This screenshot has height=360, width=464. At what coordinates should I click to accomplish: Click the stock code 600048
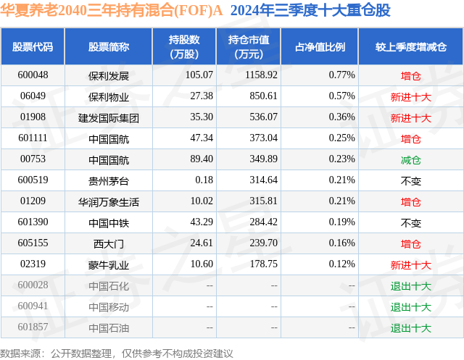pos(33,75)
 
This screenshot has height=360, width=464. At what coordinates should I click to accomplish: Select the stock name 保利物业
pos(108,96)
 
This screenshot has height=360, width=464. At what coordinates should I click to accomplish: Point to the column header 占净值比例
pos(320,47)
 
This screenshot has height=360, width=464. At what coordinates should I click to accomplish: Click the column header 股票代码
pos(33,47)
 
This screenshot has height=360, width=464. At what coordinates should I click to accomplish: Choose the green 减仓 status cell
pos(410,159)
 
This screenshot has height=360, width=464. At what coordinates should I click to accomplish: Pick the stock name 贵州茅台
pos(108,180)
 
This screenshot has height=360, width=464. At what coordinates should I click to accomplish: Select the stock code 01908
pos(33,117)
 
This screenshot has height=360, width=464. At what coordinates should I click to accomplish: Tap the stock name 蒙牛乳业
pos(108,265)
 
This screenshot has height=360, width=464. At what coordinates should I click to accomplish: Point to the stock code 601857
pos(33,328)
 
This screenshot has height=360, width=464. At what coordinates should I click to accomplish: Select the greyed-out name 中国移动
pos(108,307)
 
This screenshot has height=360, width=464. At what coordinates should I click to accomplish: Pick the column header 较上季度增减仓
pos(410,47)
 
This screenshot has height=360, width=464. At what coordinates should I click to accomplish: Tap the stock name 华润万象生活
pos(108,201)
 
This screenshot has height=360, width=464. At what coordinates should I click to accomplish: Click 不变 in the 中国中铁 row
pos(410,222)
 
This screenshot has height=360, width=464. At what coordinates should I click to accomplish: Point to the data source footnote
pos(117,353)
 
